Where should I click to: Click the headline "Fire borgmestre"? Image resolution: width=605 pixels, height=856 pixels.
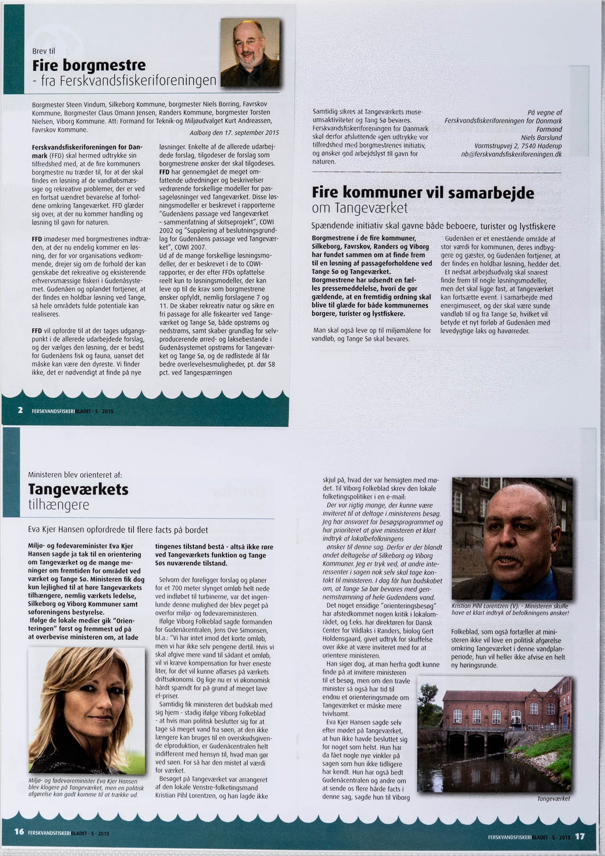(89, 66)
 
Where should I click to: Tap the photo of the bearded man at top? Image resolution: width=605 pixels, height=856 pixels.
(250, 52)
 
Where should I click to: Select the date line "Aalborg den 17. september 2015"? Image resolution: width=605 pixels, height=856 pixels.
(234, 133)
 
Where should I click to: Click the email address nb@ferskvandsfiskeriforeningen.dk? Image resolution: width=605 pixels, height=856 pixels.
(511, 154)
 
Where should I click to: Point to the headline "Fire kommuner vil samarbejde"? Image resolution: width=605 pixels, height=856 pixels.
(423, 193)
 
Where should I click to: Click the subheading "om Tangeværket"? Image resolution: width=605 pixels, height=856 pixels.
(360, 208)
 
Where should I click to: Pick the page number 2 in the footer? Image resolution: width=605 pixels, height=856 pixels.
(20, 410)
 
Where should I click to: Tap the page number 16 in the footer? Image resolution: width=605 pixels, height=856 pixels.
(19, 831)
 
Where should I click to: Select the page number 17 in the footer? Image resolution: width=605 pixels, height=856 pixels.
(579, 836)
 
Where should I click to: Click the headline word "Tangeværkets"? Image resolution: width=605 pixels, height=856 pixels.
(78, 490)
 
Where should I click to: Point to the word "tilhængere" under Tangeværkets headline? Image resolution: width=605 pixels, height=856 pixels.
(58, 505)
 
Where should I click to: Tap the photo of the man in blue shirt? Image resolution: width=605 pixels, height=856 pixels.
(511, 538)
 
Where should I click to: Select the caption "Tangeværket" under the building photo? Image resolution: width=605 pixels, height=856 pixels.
(554, 798)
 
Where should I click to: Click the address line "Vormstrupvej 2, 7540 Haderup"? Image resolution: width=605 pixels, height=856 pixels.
(518, 146)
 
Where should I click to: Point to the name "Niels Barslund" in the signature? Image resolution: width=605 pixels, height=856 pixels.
(541, 137)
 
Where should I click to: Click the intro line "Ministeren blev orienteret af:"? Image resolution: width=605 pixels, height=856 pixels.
(75, 475)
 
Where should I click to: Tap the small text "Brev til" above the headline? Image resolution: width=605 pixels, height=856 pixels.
(43, 51)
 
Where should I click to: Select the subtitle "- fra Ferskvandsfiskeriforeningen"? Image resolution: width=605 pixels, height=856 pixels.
(124, 81)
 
